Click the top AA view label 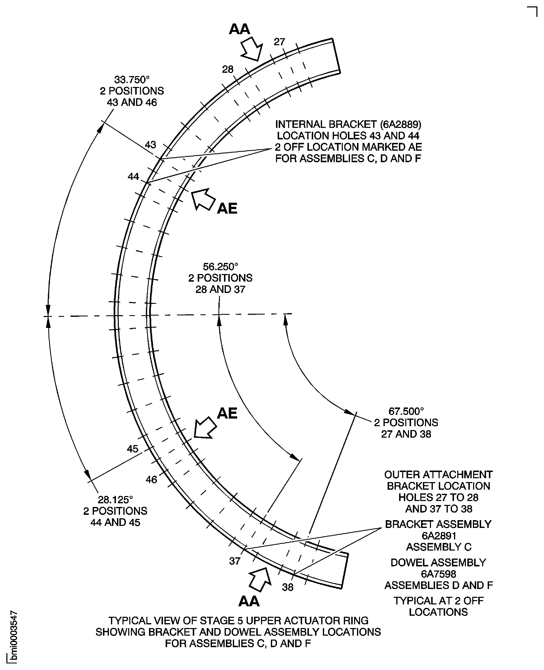click(x=239, y=29)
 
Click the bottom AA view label click(x=249, y=601)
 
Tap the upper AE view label click(x=227, y=208)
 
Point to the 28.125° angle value click(x=115, y=499)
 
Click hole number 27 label click(x=279, y=42)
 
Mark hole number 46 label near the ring click(x=151, y=480)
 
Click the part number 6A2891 click(x=438, y=536)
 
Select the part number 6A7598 click(x=438, y=574)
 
